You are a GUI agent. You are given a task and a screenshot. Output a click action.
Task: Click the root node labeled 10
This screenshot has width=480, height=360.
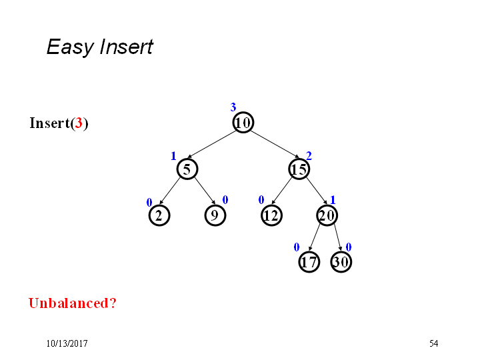pos(243,123)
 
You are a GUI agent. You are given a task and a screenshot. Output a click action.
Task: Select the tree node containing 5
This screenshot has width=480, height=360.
pos(187,169)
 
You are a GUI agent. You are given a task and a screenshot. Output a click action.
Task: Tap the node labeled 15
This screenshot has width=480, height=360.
pos(299,169)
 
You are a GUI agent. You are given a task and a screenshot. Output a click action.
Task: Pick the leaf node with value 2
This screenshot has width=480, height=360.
pos(159,215)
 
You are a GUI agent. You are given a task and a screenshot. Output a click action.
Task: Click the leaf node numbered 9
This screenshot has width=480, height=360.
pos(215,215)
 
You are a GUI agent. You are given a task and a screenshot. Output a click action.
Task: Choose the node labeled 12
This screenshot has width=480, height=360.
pos(271,215)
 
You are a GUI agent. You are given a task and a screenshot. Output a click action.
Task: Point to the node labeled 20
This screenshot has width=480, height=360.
pos(327,215)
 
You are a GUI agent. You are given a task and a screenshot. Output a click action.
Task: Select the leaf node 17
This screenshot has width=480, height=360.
pos(309,262)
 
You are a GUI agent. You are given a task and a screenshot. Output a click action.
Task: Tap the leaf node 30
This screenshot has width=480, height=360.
pos(341,262)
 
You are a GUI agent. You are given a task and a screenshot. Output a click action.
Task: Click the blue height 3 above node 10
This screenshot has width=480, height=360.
pos(233,107)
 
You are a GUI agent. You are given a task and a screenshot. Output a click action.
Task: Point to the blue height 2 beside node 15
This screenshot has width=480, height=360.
pos(309,156)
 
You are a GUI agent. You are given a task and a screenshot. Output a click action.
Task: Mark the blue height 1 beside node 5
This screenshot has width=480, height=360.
pos(173,156)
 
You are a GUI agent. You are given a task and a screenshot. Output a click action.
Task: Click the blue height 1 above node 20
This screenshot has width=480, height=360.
pos(333,200)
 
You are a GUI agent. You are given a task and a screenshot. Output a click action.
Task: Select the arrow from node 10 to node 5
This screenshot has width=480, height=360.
pos(211,144)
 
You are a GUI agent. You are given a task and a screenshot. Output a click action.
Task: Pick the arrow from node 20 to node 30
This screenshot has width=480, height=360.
pos(338,237)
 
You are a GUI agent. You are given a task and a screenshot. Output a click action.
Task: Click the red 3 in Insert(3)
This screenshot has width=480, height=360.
pos(79,123)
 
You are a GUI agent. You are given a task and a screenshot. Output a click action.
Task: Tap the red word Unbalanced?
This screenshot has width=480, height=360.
pos(73,303)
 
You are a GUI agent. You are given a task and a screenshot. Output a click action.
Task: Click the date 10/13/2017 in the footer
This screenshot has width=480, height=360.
pos(67,343)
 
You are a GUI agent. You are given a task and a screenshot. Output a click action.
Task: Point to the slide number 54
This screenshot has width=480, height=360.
pos(433,343)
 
